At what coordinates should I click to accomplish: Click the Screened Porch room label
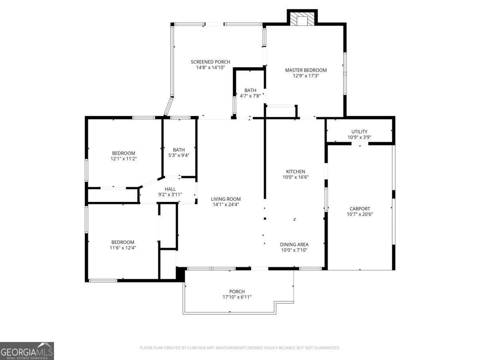(210, 62)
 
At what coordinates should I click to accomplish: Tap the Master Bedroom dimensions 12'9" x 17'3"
(306, 76)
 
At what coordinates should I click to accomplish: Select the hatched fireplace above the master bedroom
(302, 18)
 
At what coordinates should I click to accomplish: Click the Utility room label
(359, 132)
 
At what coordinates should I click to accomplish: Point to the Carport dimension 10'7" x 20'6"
(360, 214)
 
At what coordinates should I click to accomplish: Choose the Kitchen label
(296, 172)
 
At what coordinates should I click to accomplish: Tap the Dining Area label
(294, 244)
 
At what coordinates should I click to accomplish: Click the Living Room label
(226, 199)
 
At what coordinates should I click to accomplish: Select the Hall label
(170, 189)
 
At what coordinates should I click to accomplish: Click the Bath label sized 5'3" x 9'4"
(179, 150)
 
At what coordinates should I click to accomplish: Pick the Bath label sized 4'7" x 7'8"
(250, 90)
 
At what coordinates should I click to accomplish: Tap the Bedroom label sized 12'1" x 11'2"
(124, 153)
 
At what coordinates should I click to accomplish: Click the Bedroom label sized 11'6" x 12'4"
(123, 242)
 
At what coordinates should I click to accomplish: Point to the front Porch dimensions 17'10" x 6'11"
(237, 297)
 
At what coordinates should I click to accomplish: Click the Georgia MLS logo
(27, 351)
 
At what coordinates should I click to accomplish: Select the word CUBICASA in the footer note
(196, 348)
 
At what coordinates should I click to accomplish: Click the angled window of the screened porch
(169, 106)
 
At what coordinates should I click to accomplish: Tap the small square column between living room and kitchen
(265, 218)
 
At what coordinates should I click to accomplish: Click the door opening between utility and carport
(360, 144)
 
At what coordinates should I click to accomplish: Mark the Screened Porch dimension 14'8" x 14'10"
(210, 68)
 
